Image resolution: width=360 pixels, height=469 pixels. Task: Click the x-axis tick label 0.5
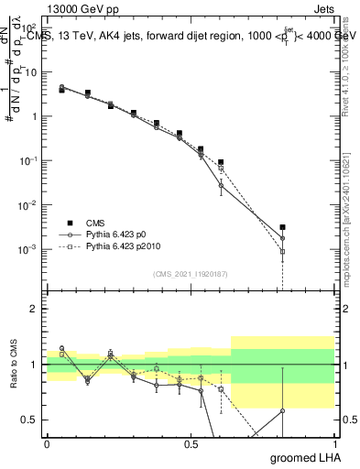(191, 443)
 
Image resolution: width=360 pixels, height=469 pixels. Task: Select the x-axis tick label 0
(47, 443)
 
